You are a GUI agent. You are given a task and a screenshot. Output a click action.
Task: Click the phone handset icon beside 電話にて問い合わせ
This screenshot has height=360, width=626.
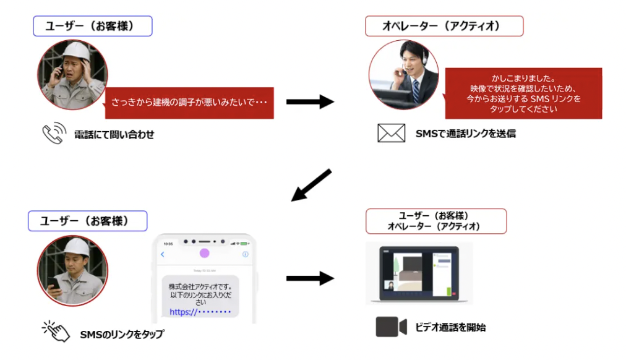pyautogui.click(x=53, y=134)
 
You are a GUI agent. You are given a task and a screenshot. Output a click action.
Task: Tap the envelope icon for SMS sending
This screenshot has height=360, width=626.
pyautogui.click(x=391, y=133)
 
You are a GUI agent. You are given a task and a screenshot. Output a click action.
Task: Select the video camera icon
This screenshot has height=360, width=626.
pyautogui.click(x=391, y=327)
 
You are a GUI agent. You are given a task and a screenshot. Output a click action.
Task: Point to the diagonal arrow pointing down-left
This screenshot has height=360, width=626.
pyautogui.click(x=311, y=186)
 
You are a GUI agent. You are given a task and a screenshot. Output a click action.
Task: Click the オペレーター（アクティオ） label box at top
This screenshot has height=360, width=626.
pyautogui.click(x=444, y=26)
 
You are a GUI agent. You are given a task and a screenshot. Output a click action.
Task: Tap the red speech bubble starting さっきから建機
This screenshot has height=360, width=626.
pyautogui.click(x=189, y=102)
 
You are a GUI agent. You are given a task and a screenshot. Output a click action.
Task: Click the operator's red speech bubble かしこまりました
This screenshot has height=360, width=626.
pyautogui.click(x=523, y=93)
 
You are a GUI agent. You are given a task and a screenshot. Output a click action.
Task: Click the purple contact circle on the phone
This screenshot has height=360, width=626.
pyautogui.click(x=205, y=254)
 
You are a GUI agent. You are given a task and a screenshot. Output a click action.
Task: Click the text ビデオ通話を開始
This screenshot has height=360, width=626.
pyautogui.click(x=450, y=327)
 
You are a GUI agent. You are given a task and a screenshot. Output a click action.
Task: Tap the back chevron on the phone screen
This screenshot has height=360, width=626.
pyautogui.click(x=163, y=254)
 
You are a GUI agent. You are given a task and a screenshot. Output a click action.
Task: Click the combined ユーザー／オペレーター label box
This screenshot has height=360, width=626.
pyautogui.click(x=435, y=221)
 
